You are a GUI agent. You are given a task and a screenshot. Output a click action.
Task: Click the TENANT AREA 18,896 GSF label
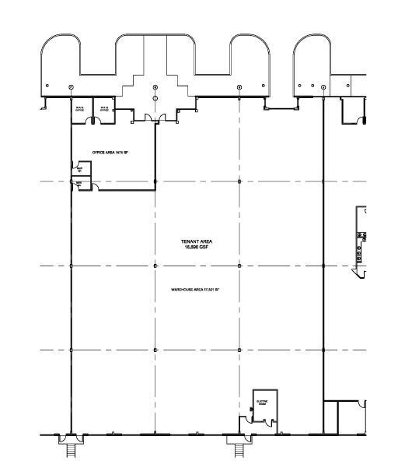tap(197, 244)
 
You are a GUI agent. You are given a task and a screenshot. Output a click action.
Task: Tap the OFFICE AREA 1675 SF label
tap(109, 153)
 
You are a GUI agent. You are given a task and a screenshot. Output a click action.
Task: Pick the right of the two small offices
tap(104, 110)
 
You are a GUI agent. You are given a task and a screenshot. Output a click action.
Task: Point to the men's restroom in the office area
tap(80, 185)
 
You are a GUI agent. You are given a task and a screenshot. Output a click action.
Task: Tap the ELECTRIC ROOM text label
tap(262, 403)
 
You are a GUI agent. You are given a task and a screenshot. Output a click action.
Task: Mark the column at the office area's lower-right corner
tap(155, 181)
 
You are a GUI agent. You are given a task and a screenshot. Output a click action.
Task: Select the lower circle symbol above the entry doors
tap(155, 98)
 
